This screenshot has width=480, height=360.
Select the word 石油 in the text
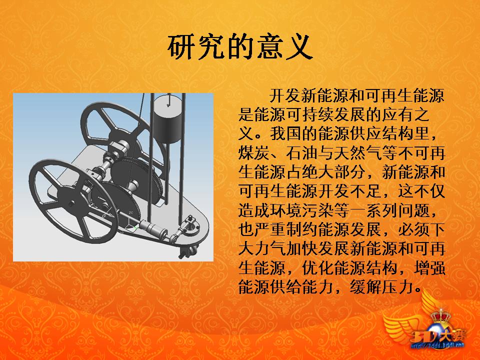(303, 153)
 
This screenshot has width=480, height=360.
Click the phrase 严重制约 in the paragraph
(287, 229)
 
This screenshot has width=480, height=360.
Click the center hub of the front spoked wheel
(69, 202)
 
